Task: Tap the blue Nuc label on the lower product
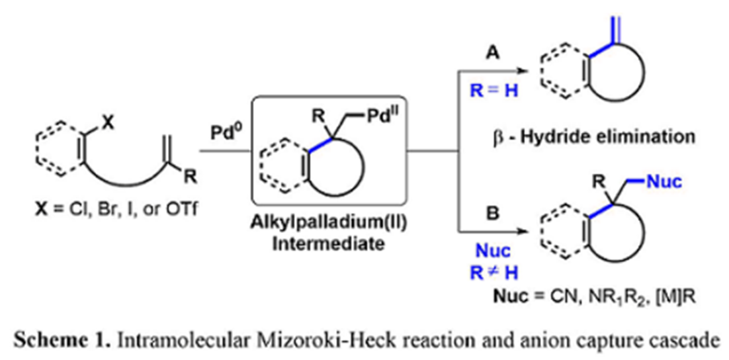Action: (x=665, y=182)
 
